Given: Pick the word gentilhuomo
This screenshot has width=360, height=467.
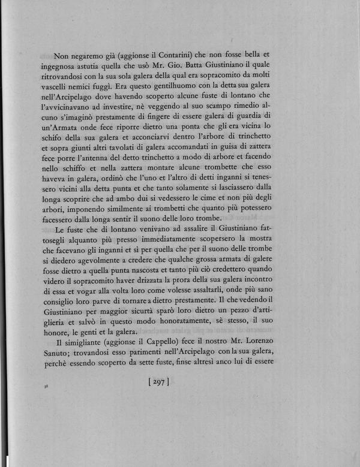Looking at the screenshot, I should click(164, 77).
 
